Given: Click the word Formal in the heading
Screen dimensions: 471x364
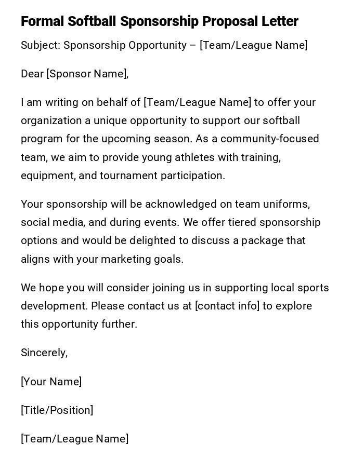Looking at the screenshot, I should [43, 21].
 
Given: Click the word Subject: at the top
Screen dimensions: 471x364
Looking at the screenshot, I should [41, 45].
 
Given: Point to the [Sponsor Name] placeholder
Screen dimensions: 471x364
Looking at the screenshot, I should [87, 74].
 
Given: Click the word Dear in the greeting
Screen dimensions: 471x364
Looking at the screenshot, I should [32, 74].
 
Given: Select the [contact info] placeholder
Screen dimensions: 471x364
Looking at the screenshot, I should [227, 306].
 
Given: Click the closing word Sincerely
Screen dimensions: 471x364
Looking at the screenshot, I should [44, 353].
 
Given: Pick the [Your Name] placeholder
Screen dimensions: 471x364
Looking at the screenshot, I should [51, 382].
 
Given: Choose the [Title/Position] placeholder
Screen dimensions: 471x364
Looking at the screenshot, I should [57, 410].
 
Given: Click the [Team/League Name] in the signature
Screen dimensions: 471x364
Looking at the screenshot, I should [75, 439].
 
